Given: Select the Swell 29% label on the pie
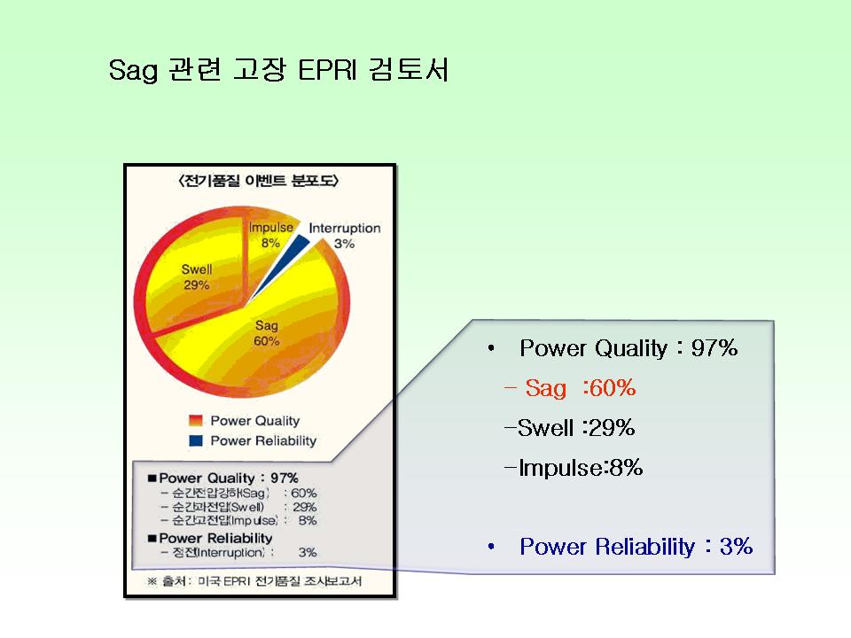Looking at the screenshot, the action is pyautogui.click(x=197, y=277).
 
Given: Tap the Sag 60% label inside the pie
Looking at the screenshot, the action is pyautogui.click(x=267, y=333).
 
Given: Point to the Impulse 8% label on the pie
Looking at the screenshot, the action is pyautogui.click(x=271, y=235).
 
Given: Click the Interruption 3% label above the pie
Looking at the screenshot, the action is pyautogui.click(x=345, y=236).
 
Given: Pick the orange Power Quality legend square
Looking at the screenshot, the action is pyautogui.click(x=195, y=420).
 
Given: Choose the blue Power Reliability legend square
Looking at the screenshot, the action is pyautogui.click(x=195, y=440).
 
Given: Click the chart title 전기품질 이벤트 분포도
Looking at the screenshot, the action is pyautogui.click(x=258, y=181).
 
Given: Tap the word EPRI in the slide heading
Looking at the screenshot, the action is pyautogui.click(x=327, y=70).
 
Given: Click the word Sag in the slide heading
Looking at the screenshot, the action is pyautogui.click(x=133, y=71).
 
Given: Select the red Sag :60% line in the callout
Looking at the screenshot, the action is pyautogui.click(x=570, y=388).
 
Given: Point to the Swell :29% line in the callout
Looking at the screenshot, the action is pyautogui.click(x=569, y=427).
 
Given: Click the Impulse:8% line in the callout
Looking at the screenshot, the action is pyautogui.click(x=574, y=467).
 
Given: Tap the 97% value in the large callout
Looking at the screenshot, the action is pyautogui.click(x=714, y=347).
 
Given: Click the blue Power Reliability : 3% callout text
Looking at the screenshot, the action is pyautogui.click(x=636, y=547).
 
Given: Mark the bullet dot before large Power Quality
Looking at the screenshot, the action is pyautogui.click(x=491, y=348).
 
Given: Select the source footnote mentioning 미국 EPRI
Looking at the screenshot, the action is pyautogui.click(x=254, y=581).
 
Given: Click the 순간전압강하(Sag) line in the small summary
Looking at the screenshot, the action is pyautogui.click(x=238, y=494).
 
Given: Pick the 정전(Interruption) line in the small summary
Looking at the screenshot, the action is pyautogui.click(x=238, y=552).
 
